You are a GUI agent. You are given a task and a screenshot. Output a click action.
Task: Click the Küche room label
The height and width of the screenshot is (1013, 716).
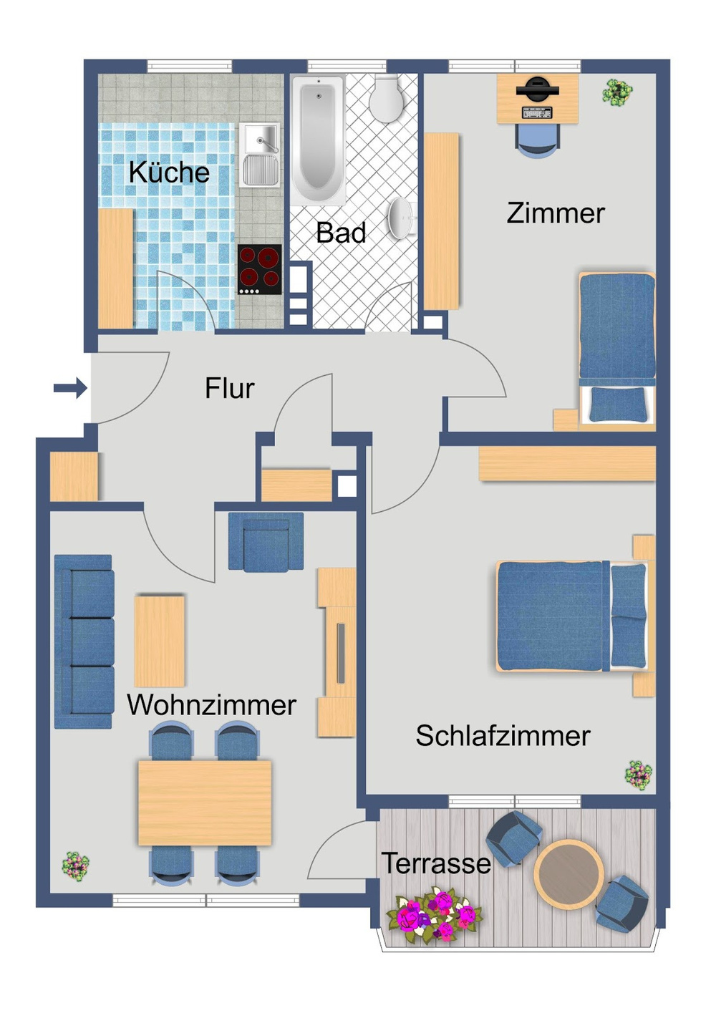169,173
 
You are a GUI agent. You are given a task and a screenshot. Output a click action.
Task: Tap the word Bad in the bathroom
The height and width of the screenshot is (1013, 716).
341,233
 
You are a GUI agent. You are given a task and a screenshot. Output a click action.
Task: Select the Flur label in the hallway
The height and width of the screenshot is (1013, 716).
229,389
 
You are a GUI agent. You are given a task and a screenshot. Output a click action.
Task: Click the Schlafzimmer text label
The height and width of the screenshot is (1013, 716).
503,736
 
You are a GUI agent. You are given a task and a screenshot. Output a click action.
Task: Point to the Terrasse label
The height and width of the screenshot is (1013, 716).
435,863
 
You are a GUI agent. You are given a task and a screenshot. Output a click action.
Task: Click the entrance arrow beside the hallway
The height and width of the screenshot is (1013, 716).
70,389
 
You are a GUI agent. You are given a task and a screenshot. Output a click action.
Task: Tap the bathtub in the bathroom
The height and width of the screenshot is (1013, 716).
317,140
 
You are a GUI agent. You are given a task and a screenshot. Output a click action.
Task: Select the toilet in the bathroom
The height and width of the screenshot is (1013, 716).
387,98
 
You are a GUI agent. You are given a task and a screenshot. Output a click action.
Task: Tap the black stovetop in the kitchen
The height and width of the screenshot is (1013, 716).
259,269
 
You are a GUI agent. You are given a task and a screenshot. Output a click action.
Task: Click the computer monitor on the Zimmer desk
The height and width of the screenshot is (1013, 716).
537,90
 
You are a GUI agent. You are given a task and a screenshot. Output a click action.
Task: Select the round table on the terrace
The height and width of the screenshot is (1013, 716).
568,872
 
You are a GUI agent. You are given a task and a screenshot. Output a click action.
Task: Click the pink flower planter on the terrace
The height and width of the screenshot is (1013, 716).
434,916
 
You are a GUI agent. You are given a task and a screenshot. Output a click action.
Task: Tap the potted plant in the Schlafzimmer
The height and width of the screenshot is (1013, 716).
638,775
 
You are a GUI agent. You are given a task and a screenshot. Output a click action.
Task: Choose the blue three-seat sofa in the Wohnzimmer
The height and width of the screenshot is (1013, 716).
84,641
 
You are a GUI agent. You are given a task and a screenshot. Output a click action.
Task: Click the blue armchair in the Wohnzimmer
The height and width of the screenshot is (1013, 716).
266,542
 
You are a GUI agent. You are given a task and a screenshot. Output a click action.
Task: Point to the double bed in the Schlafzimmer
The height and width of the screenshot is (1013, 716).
571,616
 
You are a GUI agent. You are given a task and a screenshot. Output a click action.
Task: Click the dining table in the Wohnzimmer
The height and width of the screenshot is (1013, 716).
205,802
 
